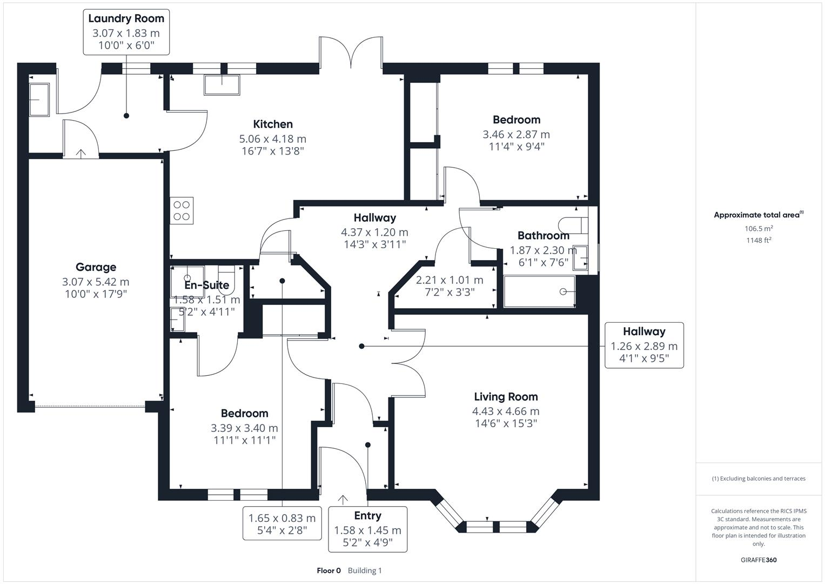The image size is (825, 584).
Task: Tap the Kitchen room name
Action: click(273, 124)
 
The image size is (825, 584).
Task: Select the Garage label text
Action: click(96, 267)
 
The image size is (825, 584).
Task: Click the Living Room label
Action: click(506, 397)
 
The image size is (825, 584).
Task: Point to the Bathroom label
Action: click(543, 236)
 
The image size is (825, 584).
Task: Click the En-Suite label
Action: click(206, 286)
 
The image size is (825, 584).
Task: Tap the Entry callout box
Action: click(367, 529)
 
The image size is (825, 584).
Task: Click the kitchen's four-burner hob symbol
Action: click(182, 211)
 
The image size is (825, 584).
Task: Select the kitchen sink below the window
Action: click(222, 85)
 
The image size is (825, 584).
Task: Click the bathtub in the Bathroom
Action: click(539, 292)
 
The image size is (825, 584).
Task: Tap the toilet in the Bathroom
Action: click(572, 224)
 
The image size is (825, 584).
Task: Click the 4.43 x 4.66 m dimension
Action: click(506, 412)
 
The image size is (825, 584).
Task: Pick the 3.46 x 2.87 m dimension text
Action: click(516, 135)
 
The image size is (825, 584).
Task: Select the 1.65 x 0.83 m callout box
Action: click(282, 523)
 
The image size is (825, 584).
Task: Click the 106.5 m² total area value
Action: click(759, 229)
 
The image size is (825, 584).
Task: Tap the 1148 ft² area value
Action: click(759, 240)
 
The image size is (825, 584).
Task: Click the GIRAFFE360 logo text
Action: click(759, 560)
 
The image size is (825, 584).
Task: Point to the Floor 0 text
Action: click(328, 570)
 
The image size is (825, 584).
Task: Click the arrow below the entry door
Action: click(343, 499)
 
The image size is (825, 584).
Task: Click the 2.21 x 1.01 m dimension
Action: click(450, 280)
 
